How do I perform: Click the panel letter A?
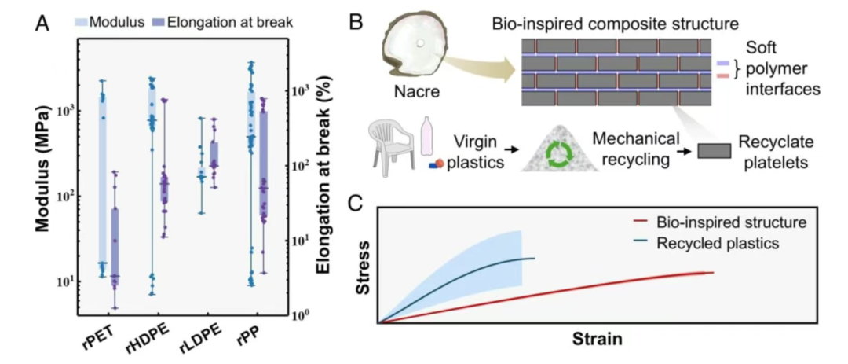coord(44,24)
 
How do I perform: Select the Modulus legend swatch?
coord(81,22)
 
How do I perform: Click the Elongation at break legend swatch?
coord(159,22)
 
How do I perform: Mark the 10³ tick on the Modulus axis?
coord(67,112)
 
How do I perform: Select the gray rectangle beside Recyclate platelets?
coord(714,151)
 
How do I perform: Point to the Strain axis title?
coord(597,340)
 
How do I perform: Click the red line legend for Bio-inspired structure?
coord(641,221)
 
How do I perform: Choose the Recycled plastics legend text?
coord(718,243)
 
